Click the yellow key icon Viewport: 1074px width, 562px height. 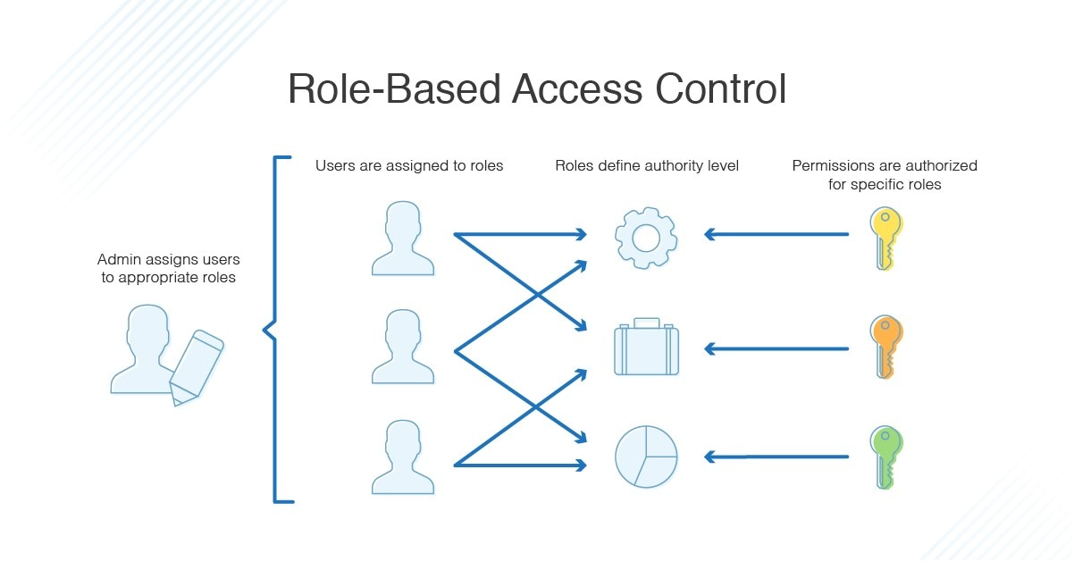885,238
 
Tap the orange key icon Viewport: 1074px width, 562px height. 885,347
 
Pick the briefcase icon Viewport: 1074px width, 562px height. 645,348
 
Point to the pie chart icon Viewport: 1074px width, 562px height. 645,457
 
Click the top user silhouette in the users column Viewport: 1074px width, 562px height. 402,239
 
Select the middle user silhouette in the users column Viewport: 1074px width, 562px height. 402,348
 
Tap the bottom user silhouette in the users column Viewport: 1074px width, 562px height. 402,458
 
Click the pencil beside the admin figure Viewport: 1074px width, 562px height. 196,366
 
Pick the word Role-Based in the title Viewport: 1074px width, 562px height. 392,89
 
